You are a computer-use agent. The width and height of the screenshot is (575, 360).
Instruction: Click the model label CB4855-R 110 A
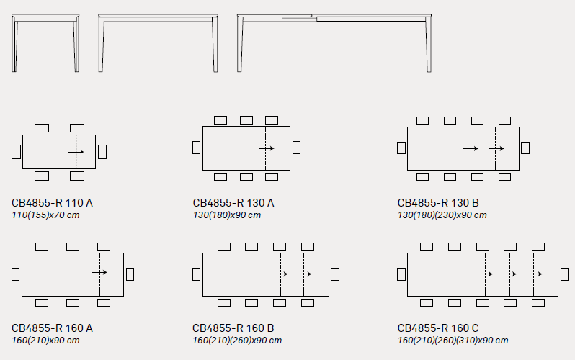(x=52, y=203)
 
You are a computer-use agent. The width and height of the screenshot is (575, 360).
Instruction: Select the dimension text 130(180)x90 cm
(x=227, y=215)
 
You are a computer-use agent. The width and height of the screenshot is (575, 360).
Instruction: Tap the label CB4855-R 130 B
(x=438, y=203)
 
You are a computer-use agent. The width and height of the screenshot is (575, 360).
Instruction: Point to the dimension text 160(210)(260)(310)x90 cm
(x=453, y=341)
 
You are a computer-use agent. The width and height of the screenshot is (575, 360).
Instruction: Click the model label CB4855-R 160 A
(x=52, y=328)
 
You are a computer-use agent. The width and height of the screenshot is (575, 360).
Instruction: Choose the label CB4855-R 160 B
(x=233, y=328)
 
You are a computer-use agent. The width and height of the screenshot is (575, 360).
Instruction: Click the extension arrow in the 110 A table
(x=76, y=152)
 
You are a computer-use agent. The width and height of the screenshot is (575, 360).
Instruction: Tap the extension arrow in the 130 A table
(x=267, y=148)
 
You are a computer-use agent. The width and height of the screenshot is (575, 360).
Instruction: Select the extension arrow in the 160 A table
(x=99, y=272)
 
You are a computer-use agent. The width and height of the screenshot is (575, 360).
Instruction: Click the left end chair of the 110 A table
(x=16, y=152)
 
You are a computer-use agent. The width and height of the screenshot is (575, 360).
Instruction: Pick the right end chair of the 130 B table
(x=525, y=148)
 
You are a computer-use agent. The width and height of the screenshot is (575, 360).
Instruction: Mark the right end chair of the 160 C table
(x=565, y=274)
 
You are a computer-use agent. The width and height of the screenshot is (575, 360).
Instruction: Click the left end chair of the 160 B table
(x=197, y=274)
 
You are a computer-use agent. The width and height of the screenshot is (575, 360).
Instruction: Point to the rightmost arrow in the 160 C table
(x=535, y=274)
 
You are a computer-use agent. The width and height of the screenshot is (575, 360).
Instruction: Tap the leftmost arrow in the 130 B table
(x=471, y=148)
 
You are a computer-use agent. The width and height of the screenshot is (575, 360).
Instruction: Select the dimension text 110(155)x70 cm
(x=45, y=215)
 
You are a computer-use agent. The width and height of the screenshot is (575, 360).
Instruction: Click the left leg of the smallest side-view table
(x=14, y=45)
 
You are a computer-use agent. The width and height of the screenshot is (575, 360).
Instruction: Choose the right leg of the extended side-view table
(x=428, y=45)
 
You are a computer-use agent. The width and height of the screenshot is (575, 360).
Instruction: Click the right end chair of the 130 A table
(x=296, y=148)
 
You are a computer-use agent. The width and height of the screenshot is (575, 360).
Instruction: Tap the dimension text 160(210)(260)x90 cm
(x=237, y=341)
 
